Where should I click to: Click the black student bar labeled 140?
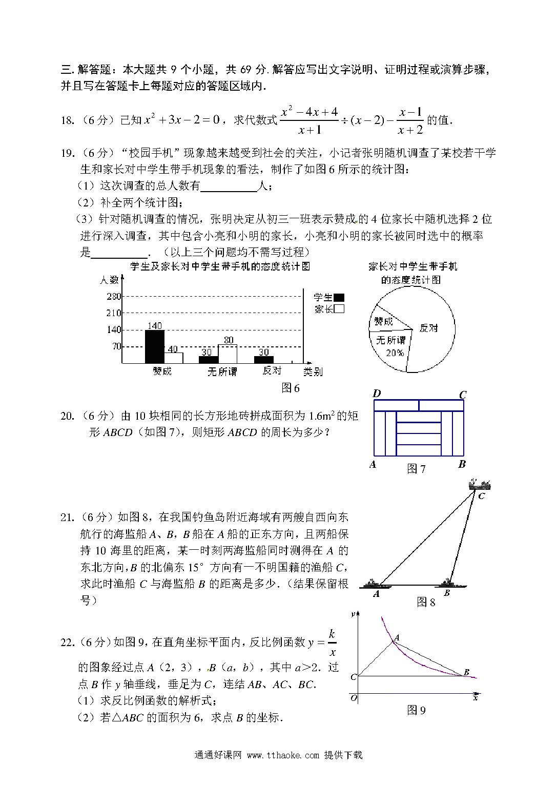[x=154, y=346]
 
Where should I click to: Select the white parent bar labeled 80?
[x=228, y=354]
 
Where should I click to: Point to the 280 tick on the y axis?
[x=113, y=296]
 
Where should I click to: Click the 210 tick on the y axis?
[x=113, y=313]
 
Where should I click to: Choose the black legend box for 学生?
[x=338, y=297]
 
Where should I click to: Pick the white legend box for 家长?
[x=338, y=309]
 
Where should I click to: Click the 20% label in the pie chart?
[x=395, y=353]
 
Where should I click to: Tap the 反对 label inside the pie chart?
[x=428, y=328]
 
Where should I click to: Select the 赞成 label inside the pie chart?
[x=383, y=322]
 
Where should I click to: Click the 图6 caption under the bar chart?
[x=291, y=388]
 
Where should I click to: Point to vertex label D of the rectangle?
[x=377, y=393]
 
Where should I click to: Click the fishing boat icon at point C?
[x=480, y=484]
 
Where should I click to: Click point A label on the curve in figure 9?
[x=397, y=637]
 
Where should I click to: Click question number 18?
[x=67, y=120]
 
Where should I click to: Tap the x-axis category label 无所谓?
[x=222, y=371]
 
